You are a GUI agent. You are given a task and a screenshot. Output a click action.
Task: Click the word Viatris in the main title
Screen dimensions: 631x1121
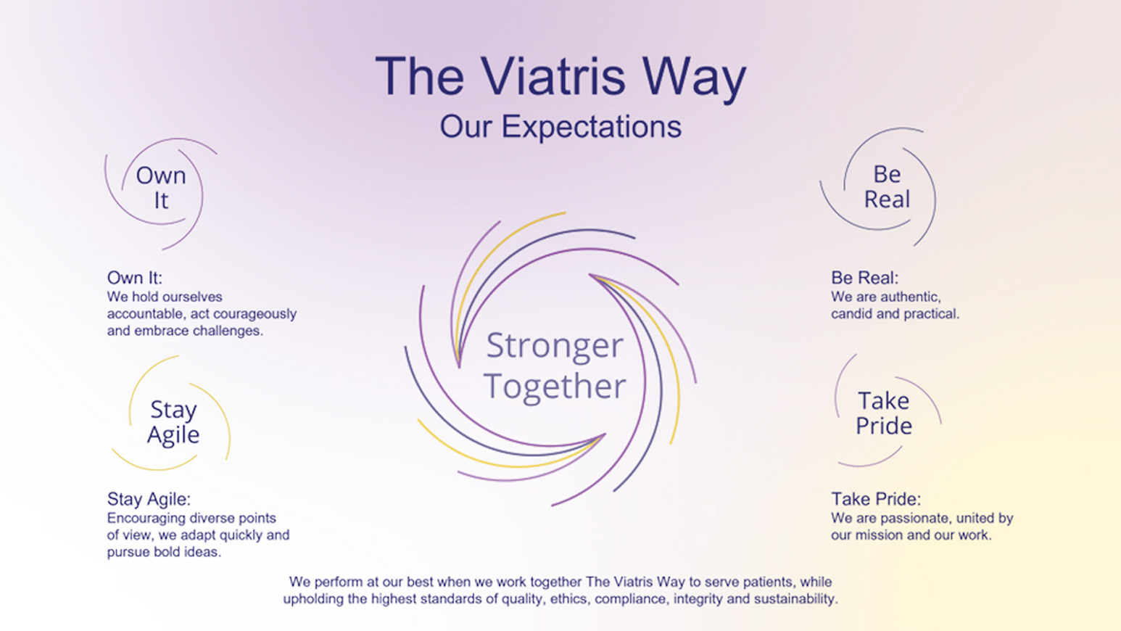point(553,76)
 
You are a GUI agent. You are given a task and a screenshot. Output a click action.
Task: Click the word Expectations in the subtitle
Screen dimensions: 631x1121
point(591,127)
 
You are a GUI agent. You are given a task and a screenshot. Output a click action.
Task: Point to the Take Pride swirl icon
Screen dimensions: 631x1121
point(883,413)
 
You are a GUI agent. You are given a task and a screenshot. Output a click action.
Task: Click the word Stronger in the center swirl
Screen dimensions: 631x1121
point(554,346)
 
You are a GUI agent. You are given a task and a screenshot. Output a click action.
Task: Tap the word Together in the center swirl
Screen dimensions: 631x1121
point(554,386)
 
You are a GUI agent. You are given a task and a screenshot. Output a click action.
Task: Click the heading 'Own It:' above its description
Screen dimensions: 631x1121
point(134,278)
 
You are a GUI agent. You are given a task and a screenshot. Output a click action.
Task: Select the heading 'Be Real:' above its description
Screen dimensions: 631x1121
point(864,278)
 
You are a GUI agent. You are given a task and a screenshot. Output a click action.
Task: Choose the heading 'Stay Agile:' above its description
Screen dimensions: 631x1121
point(149,499)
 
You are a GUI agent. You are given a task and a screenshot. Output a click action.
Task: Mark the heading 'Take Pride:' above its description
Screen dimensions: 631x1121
point(875,499)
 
